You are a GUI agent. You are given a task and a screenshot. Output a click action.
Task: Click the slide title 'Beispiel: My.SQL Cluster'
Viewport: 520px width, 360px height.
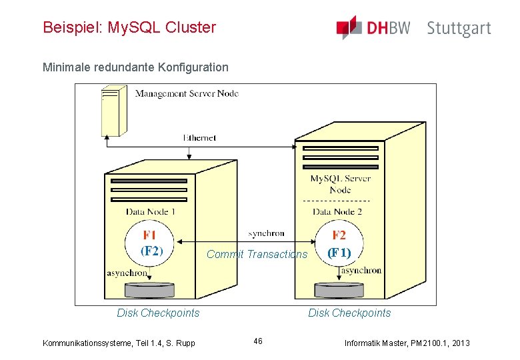pyautogui.click(x=129, y=27)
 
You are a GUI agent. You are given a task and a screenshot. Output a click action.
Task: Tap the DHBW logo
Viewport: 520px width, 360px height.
pyautogui.click(x=373, y=28)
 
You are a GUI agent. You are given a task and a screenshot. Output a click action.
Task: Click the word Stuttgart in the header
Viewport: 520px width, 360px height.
pyautogui.click(x=459, y=29)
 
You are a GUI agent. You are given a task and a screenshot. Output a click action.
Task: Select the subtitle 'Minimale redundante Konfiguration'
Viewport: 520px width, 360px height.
pyautogui.click(x=135, y=67)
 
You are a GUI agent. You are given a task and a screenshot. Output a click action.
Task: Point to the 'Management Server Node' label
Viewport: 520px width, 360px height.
pyautogui.click(x=187, y=93)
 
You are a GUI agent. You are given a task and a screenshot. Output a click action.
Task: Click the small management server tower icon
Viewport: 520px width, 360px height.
pyautogui.click(x=113, y=109)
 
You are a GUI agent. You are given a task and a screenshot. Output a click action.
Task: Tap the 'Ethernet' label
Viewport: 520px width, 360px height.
pyautogui.click(x=200, y=138)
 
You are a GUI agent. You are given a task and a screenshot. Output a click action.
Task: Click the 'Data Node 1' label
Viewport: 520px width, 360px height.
pyautogui.click(x=151, y=211)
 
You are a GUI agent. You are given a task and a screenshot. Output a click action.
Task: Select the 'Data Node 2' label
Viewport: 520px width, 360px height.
pyautogui.click(x=337, y=211)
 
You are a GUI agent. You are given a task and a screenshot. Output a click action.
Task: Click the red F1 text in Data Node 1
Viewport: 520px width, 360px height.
pyautogui.click(x=150, y=235)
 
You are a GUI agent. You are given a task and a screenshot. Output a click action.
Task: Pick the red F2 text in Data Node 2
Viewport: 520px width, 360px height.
pyautogui.click(x=339, y=235)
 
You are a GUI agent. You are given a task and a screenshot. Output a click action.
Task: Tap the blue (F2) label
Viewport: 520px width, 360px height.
pyautogui.click(x=151, y=251)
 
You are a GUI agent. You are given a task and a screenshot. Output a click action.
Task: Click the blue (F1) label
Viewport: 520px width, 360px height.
pyautogui.click(x=339, y=253)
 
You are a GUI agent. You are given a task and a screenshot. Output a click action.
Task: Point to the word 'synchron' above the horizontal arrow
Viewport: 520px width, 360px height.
pyautogui.click(x=266, y=233)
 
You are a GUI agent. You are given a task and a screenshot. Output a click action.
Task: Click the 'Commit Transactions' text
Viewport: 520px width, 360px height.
pyautogui.click(x=257, y=254)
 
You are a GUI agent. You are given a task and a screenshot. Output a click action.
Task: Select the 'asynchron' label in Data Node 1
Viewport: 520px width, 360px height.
pyautogui.click(x=127, y=273)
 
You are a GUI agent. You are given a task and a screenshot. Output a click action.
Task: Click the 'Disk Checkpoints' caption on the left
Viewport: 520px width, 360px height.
pyautogui.click(x=158, y=313)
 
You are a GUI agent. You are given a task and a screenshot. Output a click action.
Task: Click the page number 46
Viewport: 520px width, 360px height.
pyautogui.click(x=258, y=341)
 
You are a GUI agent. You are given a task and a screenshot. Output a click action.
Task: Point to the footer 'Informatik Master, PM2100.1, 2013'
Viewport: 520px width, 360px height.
pyautogui.click(x=407, y=343)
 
